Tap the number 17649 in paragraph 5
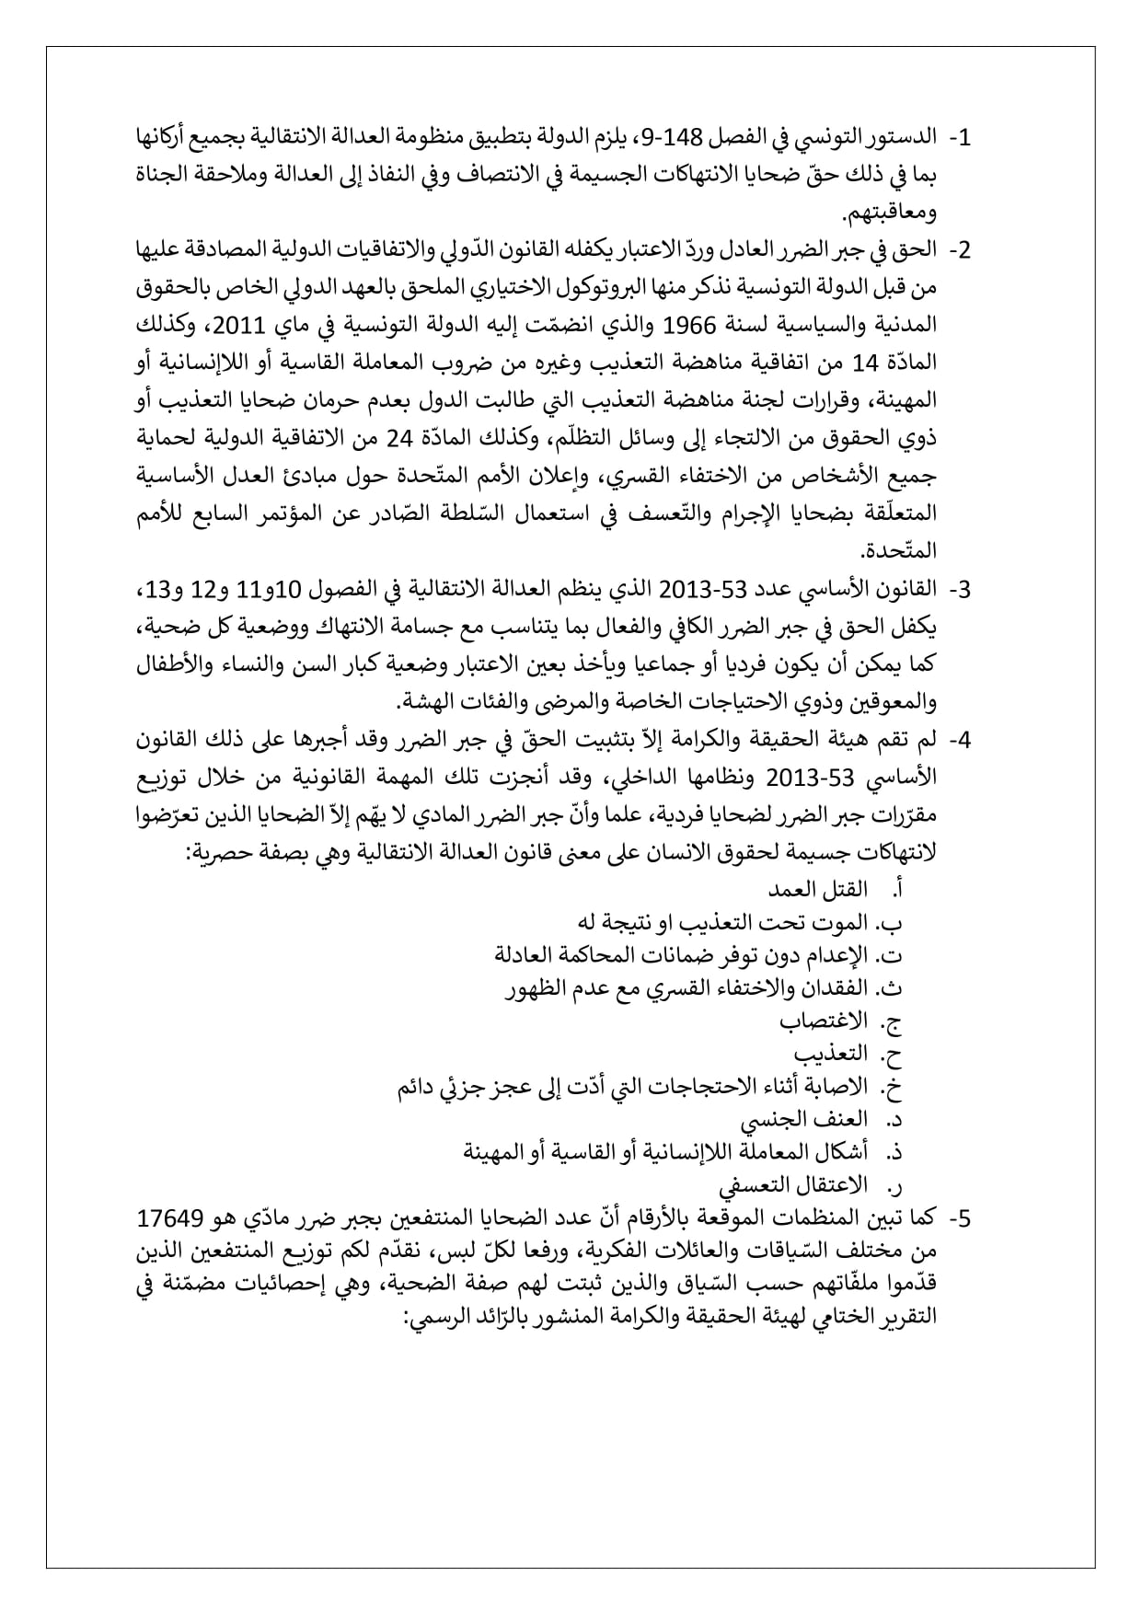(x=177, y=1218)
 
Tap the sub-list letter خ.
(x=892, y=1088)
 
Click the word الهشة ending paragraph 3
(x=433, y=703)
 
